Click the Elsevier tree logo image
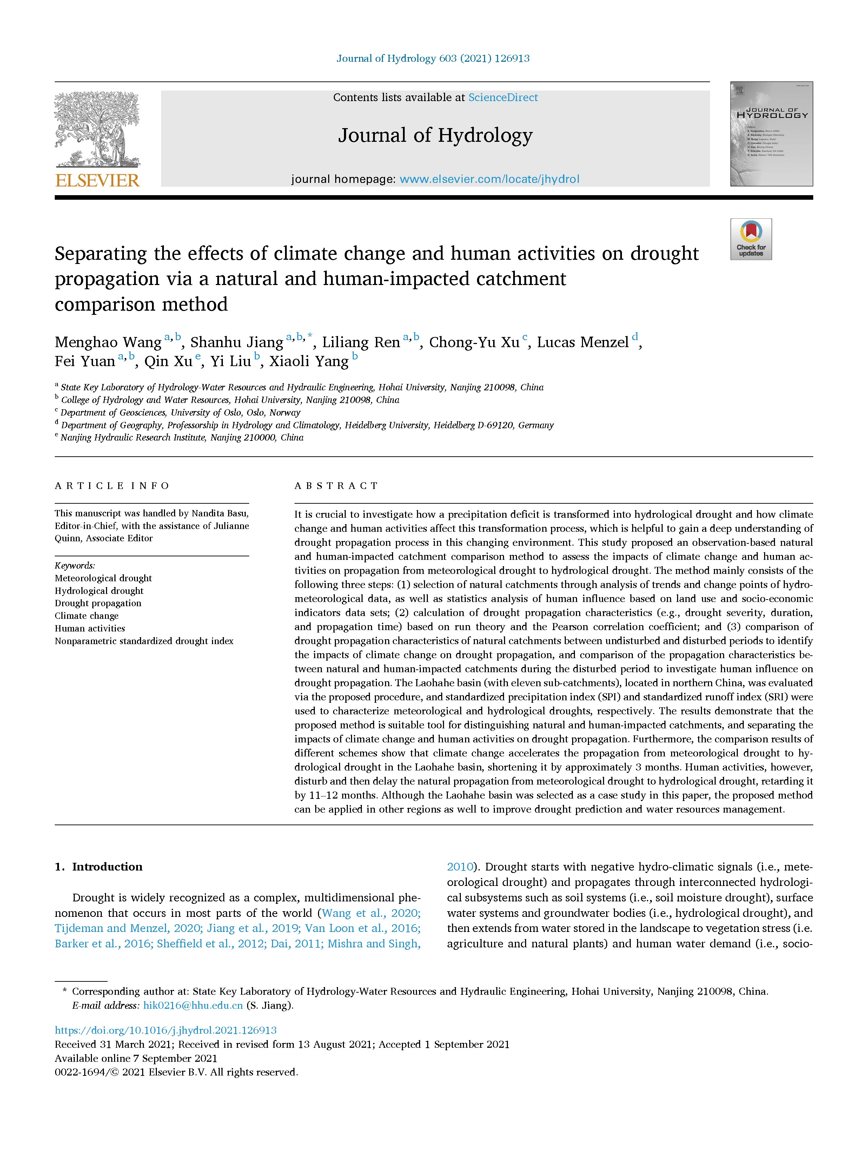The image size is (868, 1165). click(97, 129)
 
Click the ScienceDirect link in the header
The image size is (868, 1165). click(503, 98)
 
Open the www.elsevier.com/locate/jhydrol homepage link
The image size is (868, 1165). click(489, 179)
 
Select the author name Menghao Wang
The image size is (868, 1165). click(108, 343)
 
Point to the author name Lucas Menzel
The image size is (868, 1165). click(582, 343)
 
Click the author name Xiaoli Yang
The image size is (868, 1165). click(309, 362)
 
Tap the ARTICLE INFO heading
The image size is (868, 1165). click(112, 485)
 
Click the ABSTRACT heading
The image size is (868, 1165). click(336, 485)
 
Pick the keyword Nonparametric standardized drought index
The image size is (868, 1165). click(144, 641)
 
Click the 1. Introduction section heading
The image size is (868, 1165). click(99, 867)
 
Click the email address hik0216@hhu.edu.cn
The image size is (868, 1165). click(193, 1005)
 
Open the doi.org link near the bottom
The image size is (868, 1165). click(166, 1031)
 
